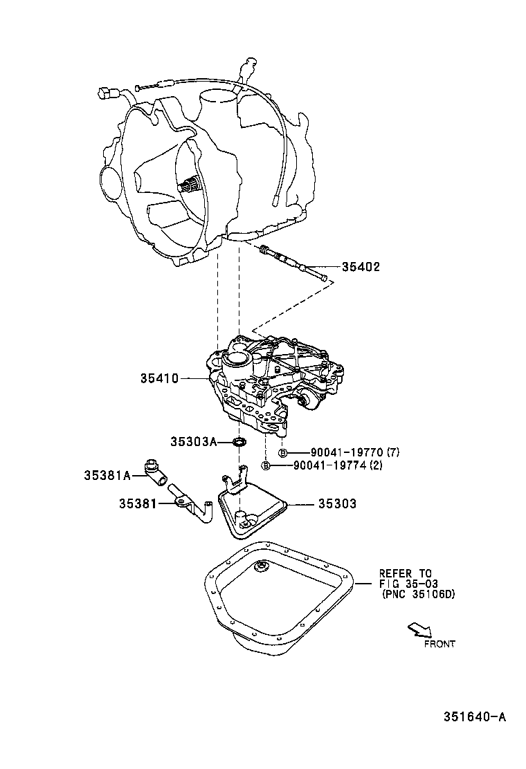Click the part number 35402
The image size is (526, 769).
coord(360,267)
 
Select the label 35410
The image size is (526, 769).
coord(159,378)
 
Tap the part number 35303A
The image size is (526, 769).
coord(194,441)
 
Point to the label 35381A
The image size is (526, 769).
coord(107,475)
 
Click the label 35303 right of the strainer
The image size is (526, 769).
coord(337,504)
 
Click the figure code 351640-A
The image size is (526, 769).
coord(475,717)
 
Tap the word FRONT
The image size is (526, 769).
coord(439,644)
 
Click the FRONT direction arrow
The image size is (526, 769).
coord(419,629)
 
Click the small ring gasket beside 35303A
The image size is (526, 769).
coord(240,441)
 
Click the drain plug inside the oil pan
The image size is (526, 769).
coord(262,567)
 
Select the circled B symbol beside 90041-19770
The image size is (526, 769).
coord(282,452)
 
